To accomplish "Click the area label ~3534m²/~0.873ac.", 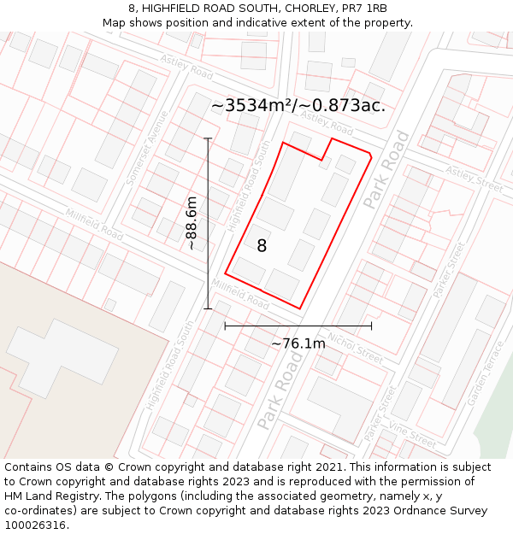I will click(x=298, y=106).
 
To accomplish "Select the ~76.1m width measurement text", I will click(x=298, y=343).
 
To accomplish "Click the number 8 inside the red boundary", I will click(x=262, y=246).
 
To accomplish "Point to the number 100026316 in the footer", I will click(x=35, y=525).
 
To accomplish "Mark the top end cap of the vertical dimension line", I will click(x=208, y=138).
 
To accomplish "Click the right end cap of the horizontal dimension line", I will click(x=371, y=326).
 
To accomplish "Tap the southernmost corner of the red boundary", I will click(x=300, y=308).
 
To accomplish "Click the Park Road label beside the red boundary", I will click(x=386, y=168).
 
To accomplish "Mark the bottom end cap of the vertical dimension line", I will click(x=208, y=308).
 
